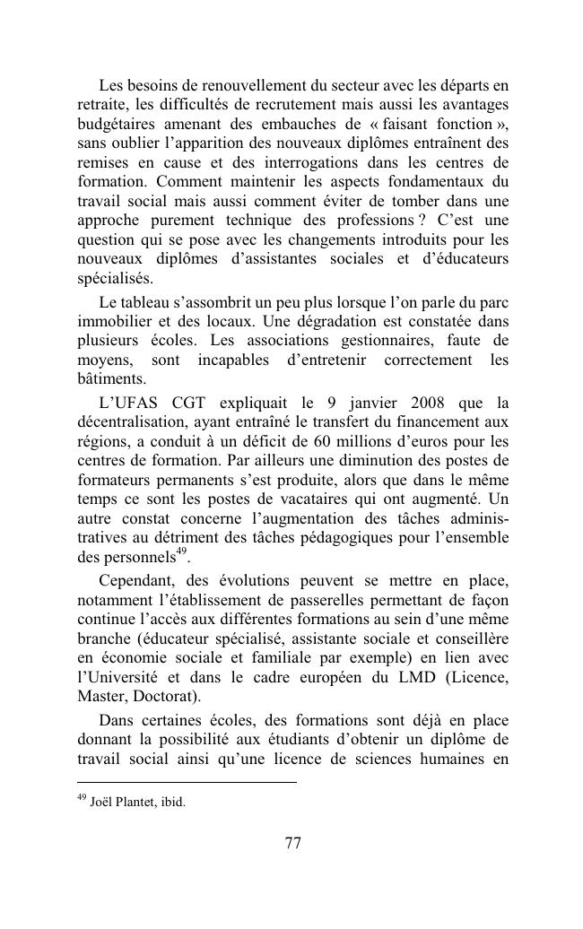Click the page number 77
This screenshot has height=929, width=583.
click(x=292, y=843)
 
